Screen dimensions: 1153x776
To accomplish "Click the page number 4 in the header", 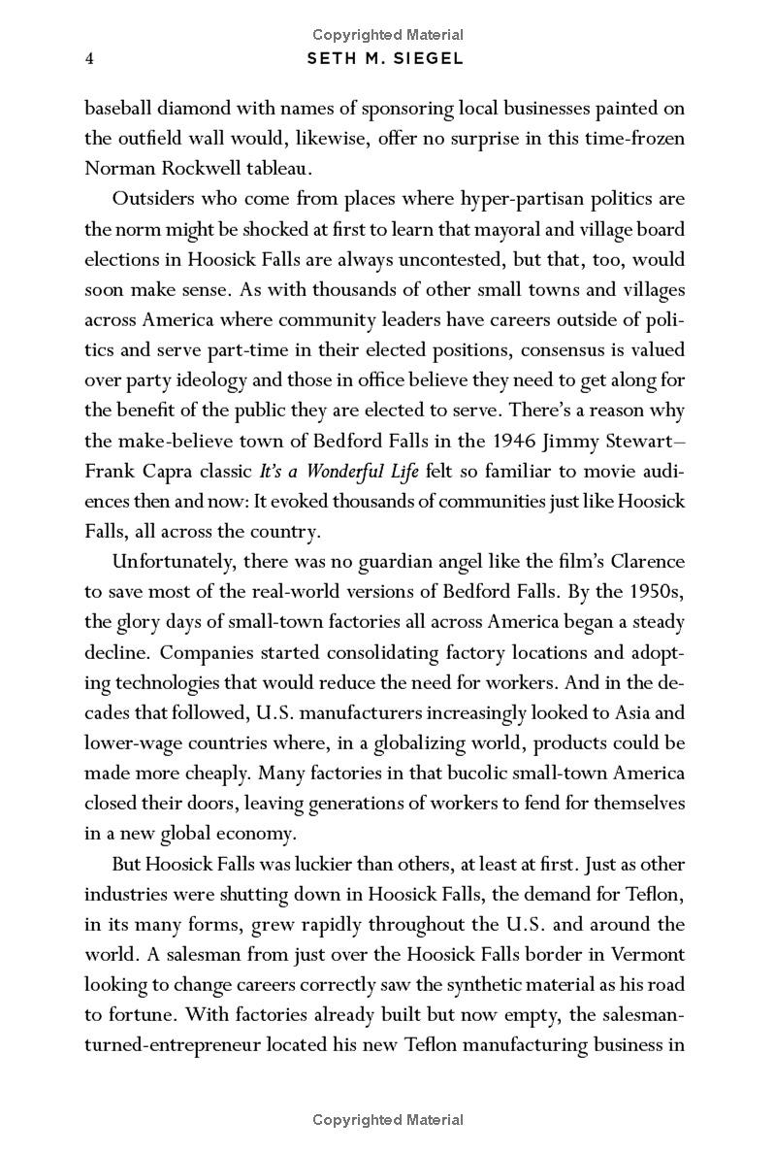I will point(88,58).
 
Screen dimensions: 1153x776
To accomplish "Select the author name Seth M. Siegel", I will point(386,58).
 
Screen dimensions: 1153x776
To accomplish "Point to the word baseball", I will point(116,107).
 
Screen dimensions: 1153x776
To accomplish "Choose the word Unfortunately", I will point(173,561).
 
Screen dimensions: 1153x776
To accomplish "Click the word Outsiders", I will point(154,199).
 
